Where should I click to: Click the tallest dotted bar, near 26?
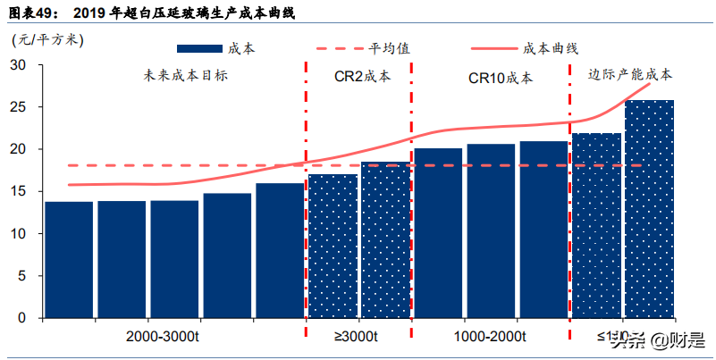(x=649, y=209)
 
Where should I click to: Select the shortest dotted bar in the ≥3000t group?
(x=333, y=247)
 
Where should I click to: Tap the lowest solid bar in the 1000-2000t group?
(x=438, y=233)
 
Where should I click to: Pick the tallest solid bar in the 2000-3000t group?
(x=280, y=251)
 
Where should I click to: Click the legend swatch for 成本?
(x=200, y=48)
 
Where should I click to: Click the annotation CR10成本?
(x=500, y=78)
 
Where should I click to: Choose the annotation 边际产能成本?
(x=630, y=74)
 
